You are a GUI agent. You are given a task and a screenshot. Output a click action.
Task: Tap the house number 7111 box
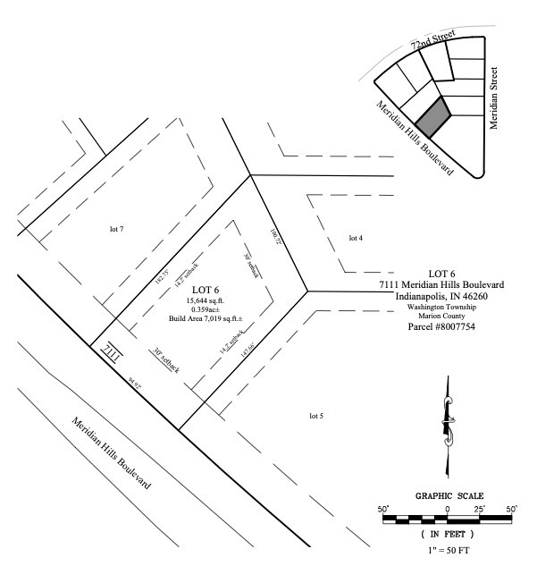click(x=112, y=351)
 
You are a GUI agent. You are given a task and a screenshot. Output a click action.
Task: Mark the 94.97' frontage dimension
click(x=136, y=383)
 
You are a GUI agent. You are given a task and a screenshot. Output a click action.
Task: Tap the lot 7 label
click(x=115, y=230)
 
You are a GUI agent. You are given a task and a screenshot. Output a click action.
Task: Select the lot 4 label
click(x=355, y=238)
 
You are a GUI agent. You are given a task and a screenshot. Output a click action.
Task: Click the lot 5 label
click(x=315, y=416)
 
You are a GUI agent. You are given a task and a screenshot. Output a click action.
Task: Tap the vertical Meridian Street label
click(x=492, y=96)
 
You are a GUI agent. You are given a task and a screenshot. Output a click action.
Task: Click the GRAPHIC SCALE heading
click(x=449, y=495)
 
